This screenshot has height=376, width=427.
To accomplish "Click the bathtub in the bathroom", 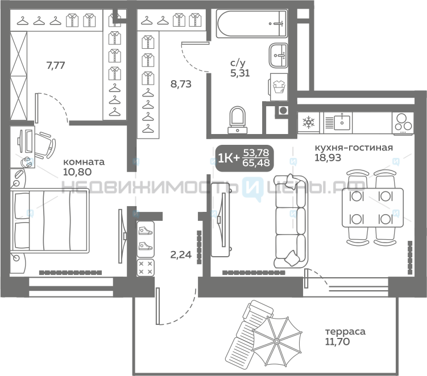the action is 252,24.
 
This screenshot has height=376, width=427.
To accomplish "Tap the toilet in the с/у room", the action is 238,120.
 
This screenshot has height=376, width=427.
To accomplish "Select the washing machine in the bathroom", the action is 279,87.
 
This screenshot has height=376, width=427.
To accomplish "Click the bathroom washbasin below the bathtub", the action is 278,55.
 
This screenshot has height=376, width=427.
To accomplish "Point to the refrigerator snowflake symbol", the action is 309,122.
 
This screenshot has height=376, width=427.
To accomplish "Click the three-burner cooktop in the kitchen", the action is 403,123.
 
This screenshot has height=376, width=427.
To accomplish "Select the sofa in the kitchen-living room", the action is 291,221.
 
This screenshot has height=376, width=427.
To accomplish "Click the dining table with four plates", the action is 372,207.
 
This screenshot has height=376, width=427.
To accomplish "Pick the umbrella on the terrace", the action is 277,341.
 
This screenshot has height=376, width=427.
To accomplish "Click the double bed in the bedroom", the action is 50,221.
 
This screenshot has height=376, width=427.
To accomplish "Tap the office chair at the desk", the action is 45,145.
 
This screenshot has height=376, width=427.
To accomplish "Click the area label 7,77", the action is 56,65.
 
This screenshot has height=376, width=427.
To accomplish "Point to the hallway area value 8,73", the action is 181,84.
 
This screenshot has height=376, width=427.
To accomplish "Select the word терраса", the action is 345,331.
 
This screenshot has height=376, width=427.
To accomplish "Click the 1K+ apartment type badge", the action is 244,158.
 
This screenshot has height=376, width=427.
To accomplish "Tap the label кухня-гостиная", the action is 354,148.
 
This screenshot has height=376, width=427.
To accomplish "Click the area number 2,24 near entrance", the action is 181,254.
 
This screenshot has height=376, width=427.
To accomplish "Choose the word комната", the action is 84,162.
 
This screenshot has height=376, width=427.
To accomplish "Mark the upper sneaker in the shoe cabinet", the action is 146,231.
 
